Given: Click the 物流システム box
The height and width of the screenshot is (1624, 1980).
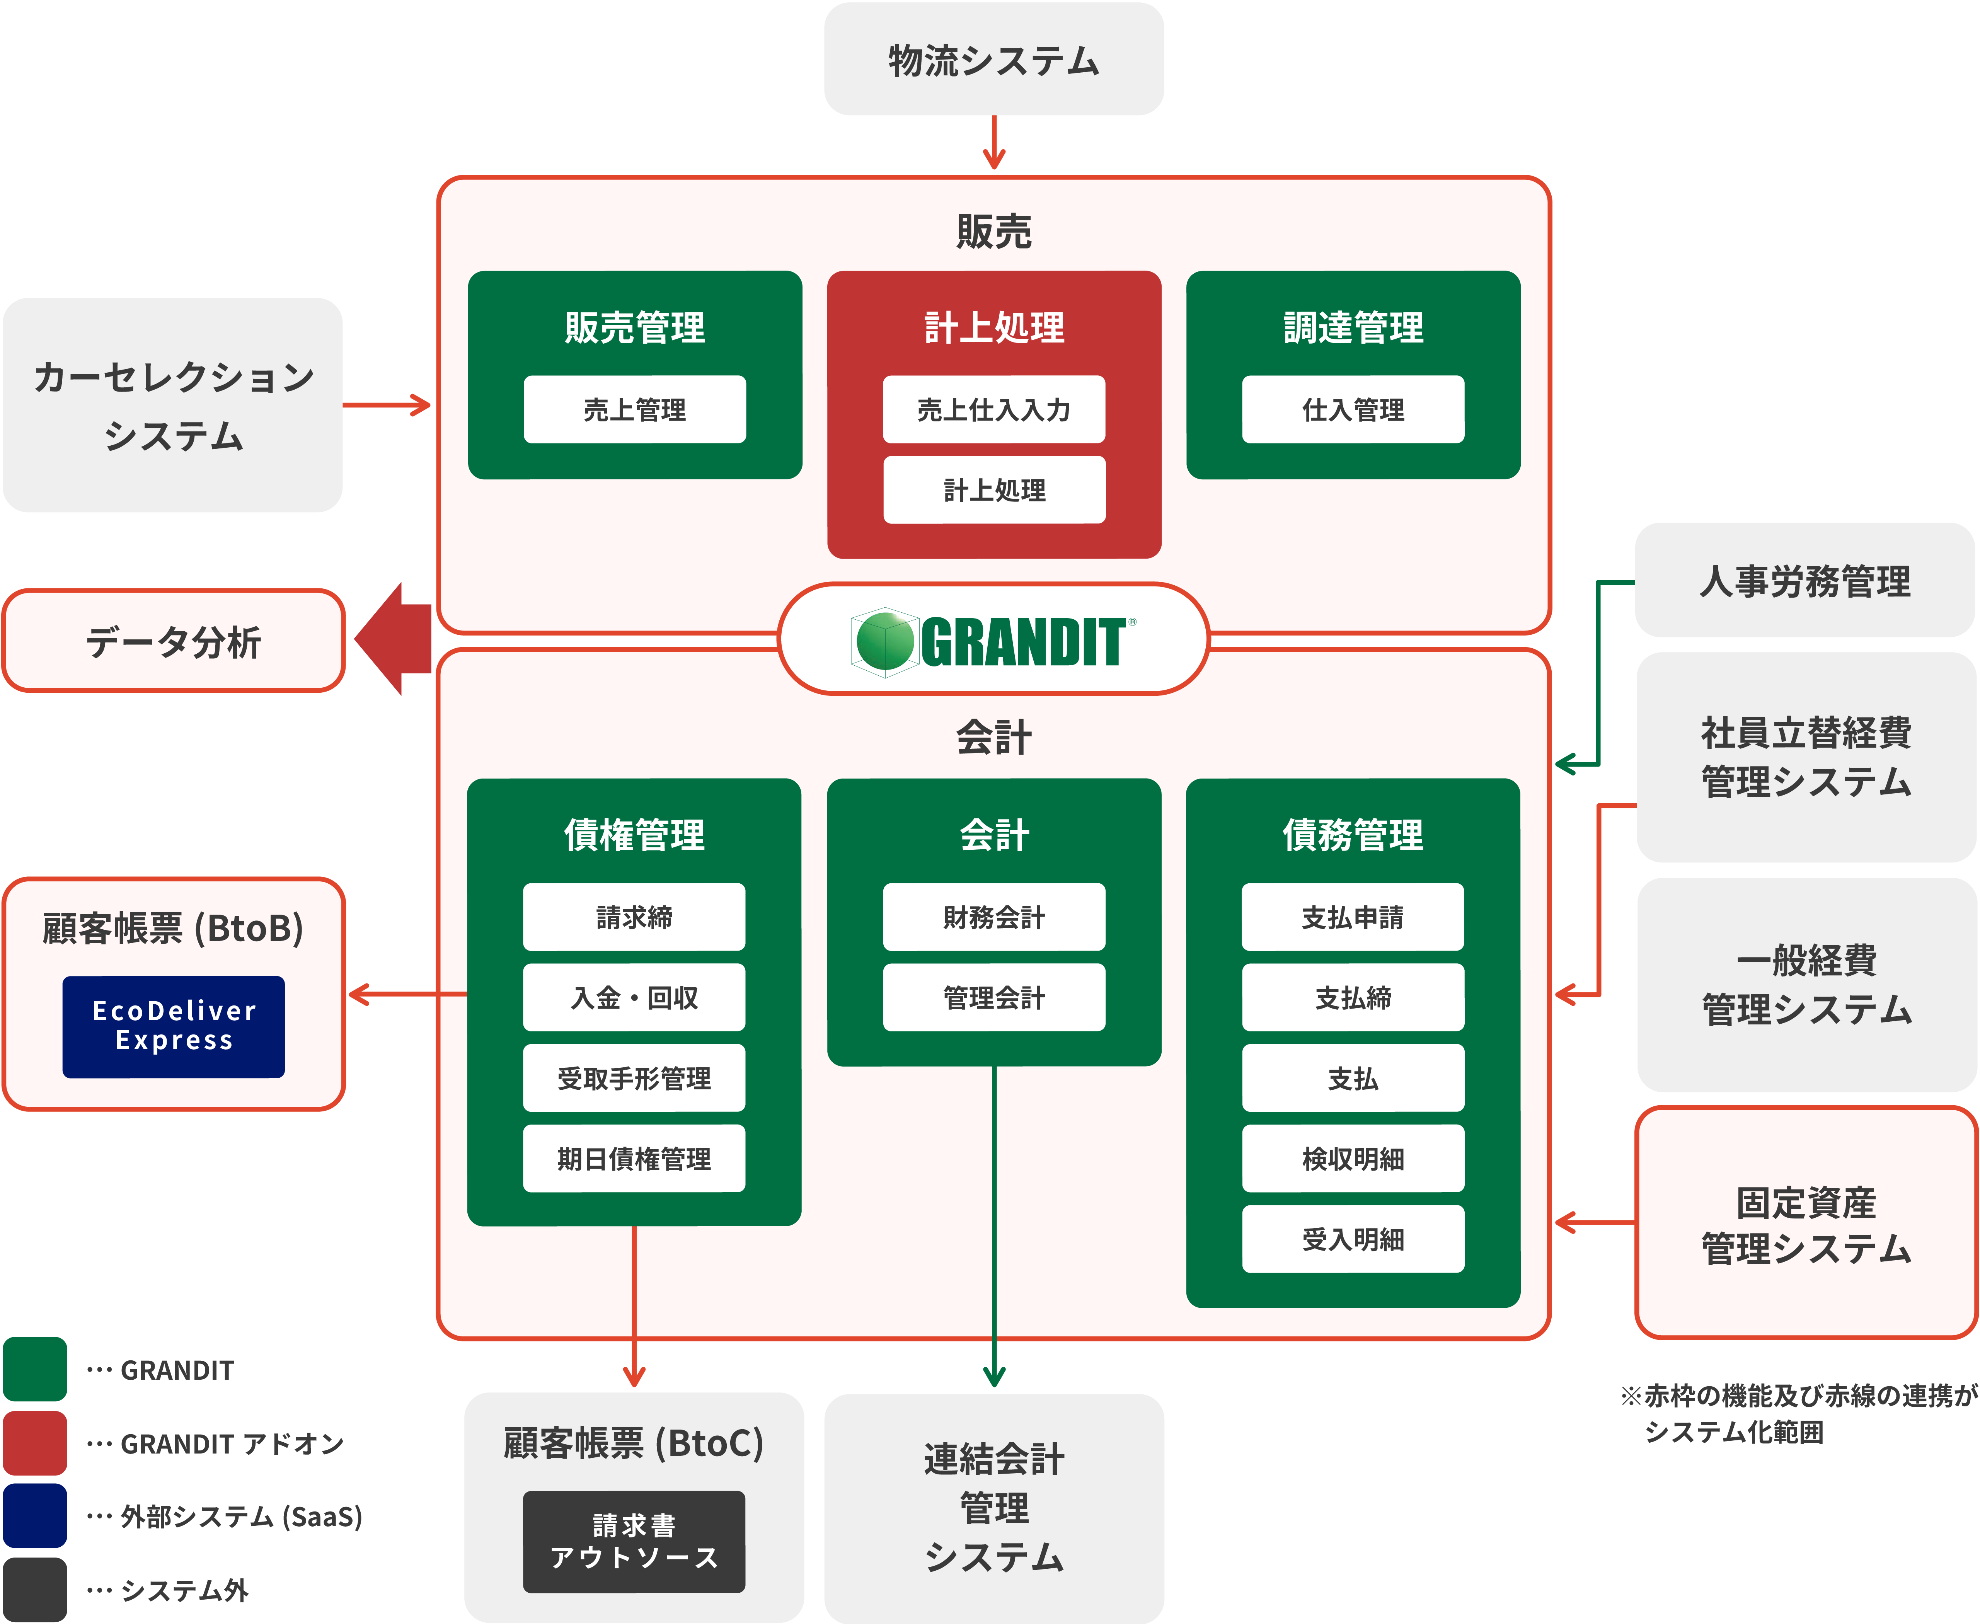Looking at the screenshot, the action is coord(993,59).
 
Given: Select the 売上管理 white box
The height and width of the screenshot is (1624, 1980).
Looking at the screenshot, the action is coord(634,409).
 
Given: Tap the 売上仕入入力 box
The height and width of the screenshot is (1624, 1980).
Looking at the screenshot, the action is coord(993,409).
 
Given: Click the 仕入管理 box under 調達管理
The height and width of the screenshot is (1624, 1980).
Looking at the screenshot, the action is coord(1353,409).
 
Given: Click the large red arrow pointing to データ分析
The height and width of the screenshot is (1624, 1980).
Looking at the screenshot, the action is coord(393,639).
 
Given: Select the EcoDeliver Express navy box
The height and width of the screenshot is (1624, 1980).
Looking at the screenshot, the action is coord(173,1026).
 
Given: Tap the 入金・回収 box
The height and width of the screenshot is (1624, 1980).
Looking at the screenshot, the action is coord(634,997).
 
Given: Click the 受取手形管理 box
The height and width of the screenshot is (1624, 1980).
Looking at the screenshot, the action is coord(634,1078).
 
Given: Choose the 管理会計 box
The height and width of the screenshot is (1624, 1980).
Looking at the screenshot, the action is coord(993,997).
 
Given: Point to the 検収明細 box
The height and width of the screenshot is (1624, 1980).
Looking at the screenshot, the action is coord(1353,1158).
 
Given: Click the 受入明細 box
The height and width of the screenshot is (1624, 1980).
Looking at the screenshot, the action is coord(1353,1239).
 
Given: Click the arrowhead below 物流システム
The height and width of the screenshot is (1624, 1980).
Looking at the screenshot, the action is coord(994,159).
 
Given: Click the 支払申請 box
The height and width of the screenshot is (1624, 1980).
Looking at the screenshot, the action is coord(1353,917).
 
